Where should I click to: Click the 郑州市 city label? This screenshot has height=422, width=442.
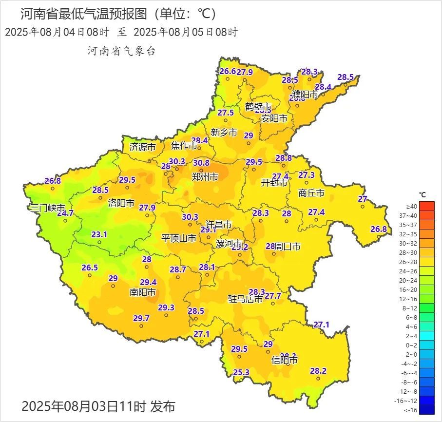205,176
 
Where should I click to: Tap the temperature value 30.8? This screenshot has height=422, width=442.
201,163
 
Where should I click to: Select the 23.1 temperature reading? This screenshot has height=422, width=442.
99,234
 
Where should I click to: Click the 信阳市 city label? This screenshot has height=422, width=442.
285,361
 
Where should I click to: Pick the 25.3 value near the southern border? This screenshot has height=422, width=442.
241,372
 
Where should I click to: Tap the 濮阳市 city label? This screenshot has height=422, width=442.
305,94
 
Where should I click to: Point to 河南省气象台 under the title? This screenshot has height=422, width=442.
121,51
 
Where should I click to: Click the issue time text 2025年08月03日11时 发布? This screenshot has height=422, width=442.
98,406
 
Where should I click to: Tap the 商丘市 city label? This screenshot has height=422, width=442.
311,193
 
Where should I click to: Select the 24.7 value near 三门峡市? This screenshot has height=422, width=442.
65,213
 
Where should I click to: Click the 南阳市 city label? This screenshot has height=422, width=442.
143,292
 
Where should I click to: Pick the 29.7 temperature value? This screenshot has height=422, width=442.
141,318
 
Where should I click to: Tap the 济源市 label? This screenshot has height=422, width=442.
143,146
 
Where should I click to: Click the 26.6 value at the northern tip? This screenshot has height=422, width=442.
228,71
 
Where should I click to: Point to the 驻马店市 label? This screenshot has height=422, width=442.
246,299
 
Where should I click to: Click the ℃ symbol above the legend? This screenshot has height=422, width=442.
423,195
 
